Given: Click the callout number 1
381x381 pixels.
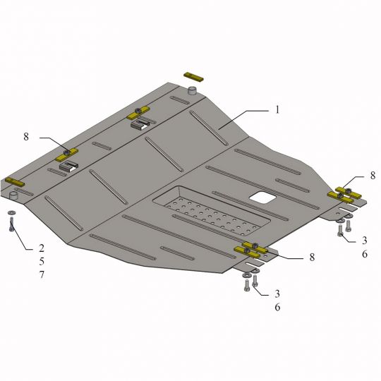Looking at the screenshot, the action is pos(277,109).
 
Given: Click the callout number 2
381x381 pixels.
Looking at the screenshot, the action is pos(42,248).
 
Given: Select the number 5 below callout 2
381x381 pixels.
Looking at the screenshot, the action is pos(42,262).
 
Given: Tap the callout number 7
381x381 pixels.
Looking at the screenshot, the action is pos(42,274).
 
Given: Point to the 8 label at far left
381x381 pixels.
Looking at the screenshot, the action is pos(26,137).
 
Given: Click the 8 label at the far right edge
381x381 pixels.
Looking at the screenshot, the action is pos(373,176).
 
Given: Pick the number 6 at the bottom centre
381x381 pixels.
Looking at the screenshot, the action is pos(277,307).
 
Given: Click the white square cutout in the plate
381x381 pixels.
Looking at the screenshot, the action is pos(263,198).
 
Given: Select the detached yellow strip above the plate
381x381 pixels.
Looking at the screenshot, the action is pos(193,77).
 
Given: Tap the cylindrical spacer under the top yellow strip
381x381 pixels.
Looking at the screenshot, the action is pos(193,91).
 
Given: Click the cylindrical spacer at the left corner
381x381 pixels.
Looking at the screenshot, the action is pos(14,195).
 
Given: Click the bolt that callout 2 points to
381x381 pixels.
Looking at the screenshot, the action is pos(11,224).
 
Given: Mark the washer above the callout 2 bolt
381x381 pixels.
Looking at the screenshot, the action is pos(11,213).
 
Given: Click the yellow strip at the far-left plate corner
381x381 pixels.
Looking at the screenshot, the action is pos(15,182).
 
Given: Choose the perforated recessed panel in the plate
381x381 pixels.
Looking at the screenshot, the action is pos(212,211).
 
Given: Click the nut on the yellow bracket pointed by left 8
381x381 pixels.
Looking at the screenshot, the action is pos(66,152).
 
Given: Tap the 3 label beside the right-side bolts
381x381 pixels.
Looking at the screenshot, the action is pos(364,241).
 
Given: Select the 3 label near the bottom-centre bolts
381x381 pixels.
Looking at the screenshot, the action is pos(277,294).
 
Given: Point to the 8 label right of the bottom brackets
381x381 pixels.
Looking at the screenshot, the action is pos(312,257).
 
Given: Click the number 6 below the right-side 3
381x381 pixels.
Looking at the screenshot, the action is pos(365,254).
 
